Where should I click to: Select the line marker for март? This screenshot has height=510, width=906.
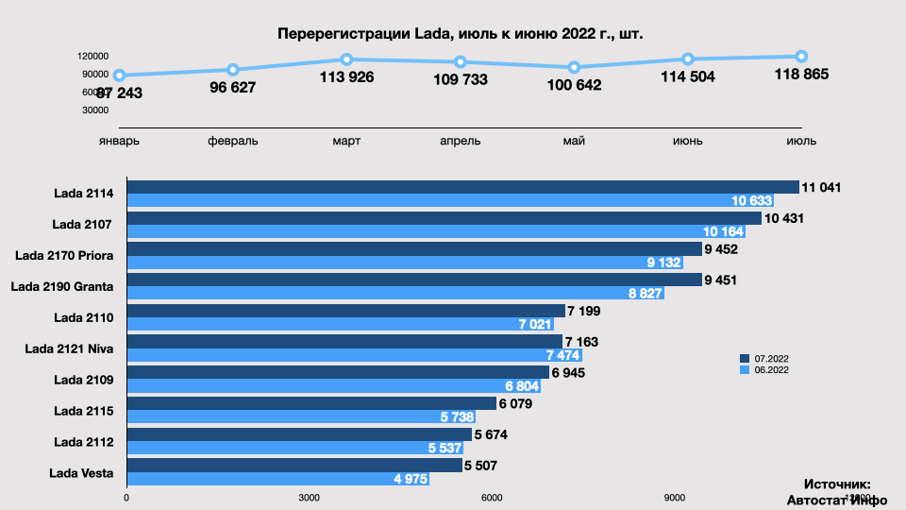pos(346,59)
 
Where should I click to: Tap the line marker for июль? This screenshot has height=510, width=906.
pos(801,56)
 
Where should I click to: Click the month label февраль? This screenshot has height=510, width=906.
pos(233,142)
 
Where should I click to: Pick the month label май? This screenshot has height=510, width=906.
pos(574,142)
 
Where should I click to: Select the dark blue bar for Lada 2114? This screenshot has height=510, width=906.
pos(462,187)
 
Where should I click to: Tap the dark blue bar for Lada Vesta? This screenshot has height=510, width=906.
pos(294,466)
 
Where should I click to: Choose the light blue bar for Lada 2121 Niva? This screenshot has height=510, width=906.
pos(354,355)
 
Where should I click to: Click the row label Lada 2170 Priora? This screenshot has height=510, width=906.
pos(65,255)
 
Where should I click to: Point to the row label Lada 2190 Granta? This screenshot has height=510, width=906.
pos(61,286)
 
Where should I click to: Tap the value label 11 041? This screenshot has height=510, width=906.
pos(821,187)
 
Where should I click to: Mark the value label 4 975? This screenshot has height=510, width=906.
pos(411,479)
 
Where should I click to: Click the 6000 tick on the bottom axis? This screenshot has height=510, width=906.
pos(491,498)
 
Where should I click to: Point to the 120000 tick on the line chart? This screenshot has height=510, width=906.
pos(94,57)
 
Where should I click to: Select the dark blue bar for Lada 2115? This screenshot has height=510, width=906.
pos(311,403)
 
